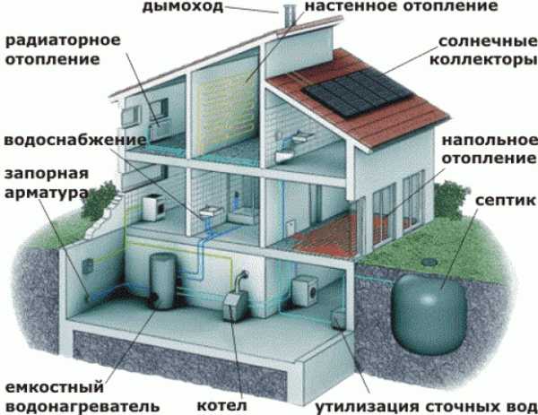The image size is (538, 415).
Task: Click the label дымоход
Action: tap(183, 6)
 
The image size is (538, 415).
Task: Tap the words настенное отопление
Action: tap(402, 6)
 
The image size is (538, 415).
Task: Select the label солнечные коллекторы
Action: tap(483, 50)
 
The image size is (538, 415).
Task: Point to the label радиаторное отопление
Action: tap(63, 49)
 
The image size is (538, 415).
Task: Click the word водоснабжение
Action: tap(75, 141)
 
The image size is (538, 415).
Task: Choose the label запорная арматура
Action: tap(47, 183)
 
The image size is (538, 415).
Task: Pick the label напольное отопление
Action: tap(490, 149)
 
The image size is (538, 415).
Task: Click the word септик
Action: tap(506, 200)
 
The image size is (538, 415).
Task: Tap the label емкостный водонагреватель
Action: tap(82, 396)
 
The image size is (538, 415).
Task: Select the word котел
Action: tap(221, 406)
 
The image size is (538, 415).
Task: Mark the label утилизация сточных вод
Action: tap(426, 407)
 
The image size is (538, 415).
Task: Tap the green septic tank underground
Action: tap(430, 315)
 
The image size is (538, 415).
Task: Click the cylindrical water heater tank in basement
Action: tap(162, 281)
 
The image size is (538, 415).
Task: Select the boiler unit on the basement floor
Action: tap(235, 303)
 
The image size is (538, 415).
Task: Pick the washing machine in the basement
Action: tap(305, 290)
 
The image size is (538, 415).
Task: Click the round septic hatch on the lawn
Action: tap(430, 263)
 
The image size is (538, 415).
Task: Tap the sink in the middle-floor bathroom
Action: tap(211, 212)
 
